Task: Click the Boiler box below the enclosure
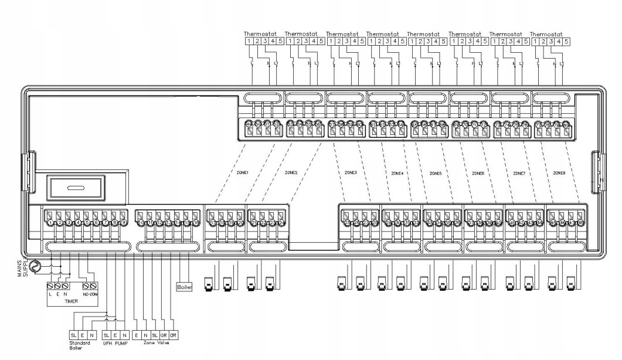pos(184,287)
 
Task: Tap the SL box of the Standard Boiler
pos(74,334)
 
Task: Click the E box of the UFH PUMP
pos(116,334)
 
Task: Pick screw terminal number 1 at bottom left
pos(52,223)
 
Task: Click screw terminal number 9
pos(124,223)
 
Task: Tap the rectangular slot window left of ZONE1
pos(68,189)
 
